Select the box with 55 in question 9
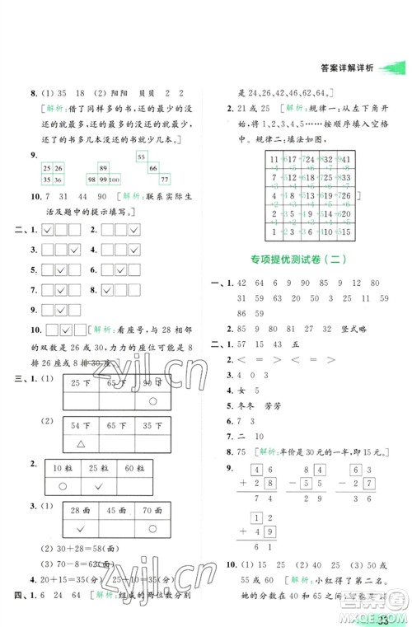(x=140, y=157)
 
